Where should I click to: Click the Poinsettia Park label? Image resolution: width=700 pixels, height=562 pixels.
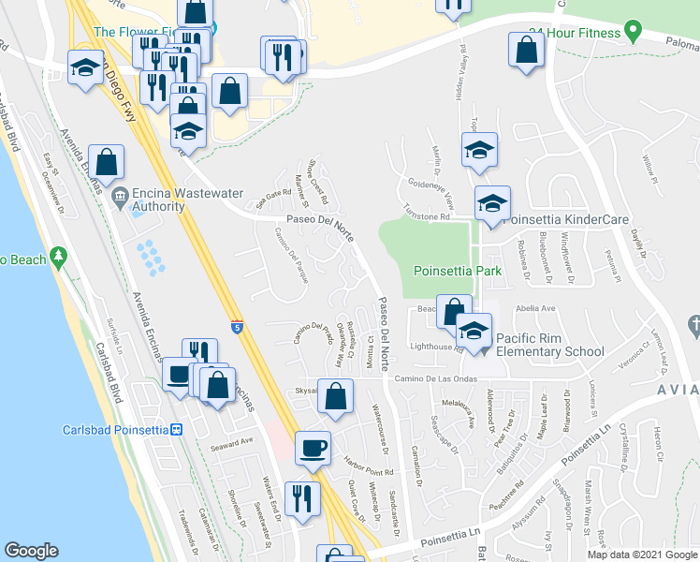pyautogui.click(x=459, y=272)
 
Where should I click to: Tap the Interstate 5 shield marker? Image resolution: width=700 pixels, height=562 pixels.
pyautogui.click(x=239, y=328)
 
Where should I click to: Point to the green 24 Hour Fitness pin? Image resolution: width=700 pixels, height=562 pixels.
pyautogui.click(x=632, y=33)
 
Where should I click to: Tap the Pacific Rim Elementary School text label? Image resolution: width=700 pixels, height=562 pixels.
pyautogui.click(x=549, y=344)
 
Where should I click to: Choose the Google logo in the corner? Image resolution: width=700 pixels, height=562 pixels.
pyautogui.click(x=31, y=551)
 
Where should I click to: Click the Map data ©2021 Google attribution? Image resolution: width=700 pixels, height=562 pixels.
pyautogui.click(x=641, y=555)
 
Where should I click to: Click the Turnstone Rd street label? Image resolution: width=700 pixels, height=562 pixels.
pyautogui.click(x=426, y=215)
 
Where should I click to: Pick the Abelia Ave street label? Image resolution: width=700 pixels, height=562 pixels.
pyautogui.click(x=533, y=306)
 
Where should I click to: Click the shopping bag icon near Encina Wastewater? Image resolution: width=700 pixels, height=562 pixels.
pyautogui.click(x=108, y=161)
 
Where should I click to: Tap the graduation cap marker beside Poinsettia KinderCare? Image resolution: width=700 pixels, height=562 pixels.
pyautogui.click(x=492, y=203)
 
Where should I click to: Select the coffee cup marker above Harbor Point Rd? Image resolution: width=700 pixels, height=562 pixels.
pyautogui.click(x=313, y=448)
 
